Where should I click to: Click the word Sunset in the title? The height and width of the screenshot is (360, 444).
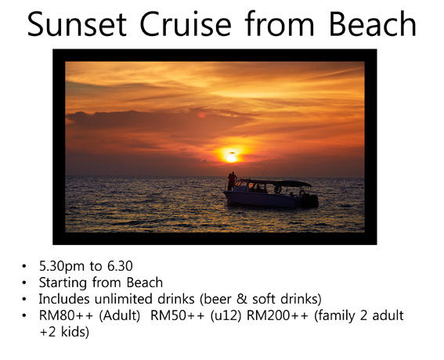click(77, 23)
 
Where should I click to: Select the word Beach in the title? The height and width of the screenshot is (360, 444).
click(373, 23)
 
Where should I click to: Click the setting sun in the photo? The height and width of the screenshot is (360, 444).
click(231, 158)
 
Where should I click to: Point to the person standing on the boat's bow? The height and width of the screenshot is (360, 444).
click(232, 181)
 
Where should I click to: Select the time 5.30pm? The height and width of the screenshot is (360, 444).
click(62, 267)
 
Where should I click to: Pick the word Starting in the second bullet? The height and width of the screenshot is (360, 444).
click(63, 283)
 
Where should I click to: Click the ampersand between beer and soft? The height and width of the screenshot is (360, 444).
click(241, 299)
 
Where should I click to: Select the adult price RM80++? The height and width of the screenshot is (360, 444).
click(66, 315)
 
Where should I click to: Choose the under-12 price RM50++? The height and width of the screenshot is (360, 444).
click(177, 315)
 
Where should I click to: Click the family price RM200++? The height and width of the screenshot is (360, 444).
click(277, 315)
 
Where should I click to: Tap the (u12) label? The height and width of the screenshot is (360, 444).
click(226, 316)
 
